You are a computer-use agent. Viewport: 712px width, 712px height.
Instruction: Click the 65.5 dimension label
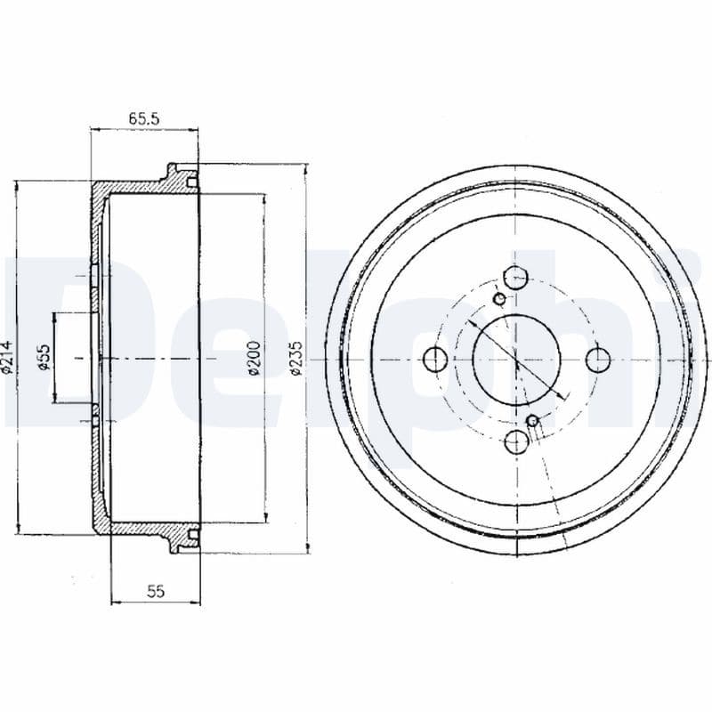click(x=142, y=117)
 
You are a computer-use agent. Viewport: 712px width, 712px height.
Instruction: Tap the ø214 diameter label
click(x=8, y=356)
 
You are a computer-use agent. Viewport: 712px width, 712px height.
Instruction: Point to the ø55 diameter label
click(x=43, y=357)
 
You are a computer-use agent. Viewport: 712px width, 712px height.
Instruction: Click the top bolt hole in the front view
click(x=516, y=278)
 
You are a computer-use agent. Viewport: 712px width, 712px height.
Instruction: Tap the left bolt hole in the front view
click(x=435, y=359)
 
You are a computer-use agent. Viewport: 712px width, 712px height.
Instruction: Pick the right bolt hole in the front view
click(x=597, y=359)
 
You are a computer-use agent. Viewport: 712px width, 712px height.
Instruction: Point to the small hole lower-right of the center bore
click(x=532, y=420)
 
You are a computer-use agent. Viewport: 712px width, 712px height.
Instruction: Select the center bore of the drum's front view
click(x=516, y=359)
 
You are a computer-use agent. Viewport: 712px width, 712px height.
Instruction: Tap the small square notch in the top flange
click(x=191, y=182)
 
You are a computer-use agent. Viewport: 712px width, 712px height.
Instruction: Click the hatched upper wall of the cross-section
click(x=133, y=189)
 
